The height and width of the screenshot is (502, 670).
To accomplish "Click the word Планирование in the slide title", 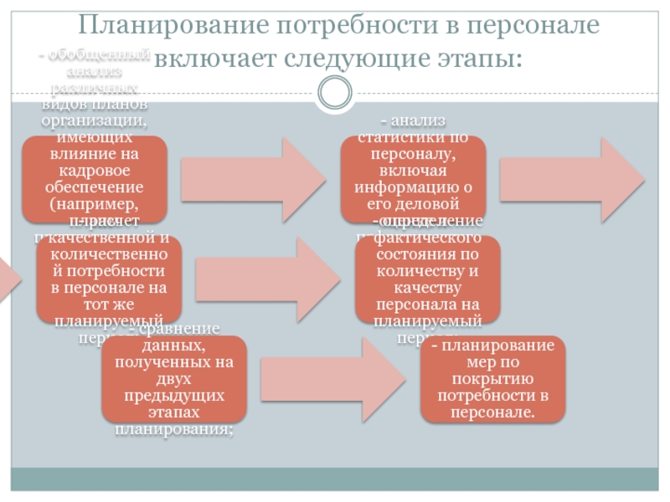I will [x=165, y=26].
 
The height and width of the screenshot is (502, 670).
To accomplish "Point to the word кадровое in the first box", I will [x=94, y=170].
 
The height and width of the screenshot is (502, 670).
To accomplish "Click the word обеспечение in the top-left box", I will [x=94, y=186].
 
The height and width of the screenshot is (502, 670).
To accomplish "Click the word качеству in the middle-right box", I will [x=428, y=288].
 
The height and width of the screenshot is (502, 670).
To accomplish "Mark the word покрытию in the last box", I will [x=492, y=379].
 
